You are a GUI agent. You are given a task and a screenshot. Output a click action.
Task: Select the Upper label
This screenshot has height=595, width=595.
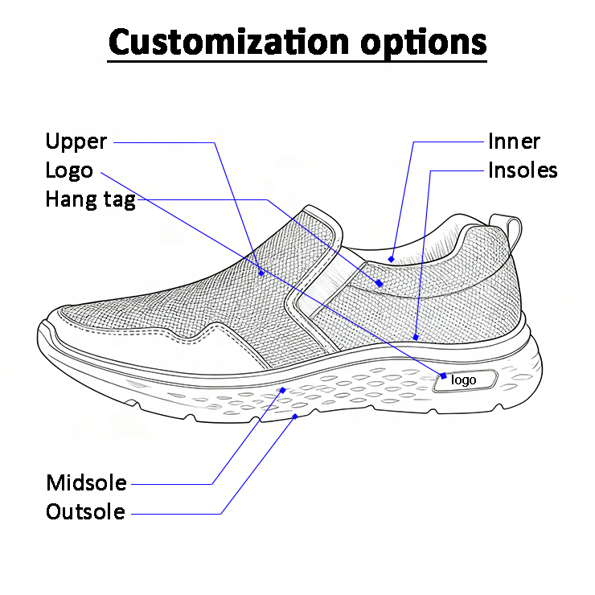76,142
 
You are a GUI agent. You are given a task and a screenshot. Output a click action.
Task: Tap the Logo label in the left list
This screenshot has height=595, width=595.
68,170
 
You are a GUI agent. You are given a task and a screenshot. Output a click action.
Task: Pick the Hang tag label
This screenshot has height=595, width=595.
90,199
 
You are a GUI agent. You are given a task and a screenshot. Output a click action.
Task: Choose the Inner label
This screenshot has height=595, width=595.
514,142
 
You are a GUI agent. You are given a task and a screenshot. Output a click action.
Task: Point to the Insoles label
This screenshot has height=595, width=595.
523,170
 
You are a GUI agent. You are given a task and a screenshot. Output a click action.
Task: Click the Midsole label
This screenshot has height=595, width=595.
86,483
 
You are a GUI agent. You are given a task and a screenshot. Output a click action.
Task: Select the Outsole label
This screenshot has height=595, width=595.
85,511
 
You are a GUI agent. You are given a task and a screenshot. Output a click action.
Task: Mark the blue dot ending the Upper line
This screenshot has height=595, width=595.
261,272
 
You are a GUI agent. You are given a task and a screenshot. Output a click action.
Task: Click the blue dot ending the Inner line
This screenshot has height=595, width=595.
391,259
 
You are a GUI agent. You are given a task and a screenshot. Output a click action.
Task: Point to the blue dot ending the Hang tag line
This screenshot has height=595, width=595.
379,283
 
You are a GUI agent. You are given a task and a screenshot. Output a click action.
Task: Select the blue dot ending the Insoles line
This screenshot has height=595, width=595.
416,338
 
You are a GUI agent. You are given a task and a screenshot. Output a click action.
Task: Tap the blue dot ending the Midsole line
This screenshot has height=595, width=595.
282,390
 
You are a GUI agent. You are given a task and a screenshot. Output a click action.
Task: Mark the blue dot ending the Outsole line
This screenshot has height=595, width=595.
296,416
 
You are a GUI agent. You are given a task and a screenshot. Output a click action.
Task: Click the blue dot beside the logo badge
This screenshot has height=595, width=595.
443,375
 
